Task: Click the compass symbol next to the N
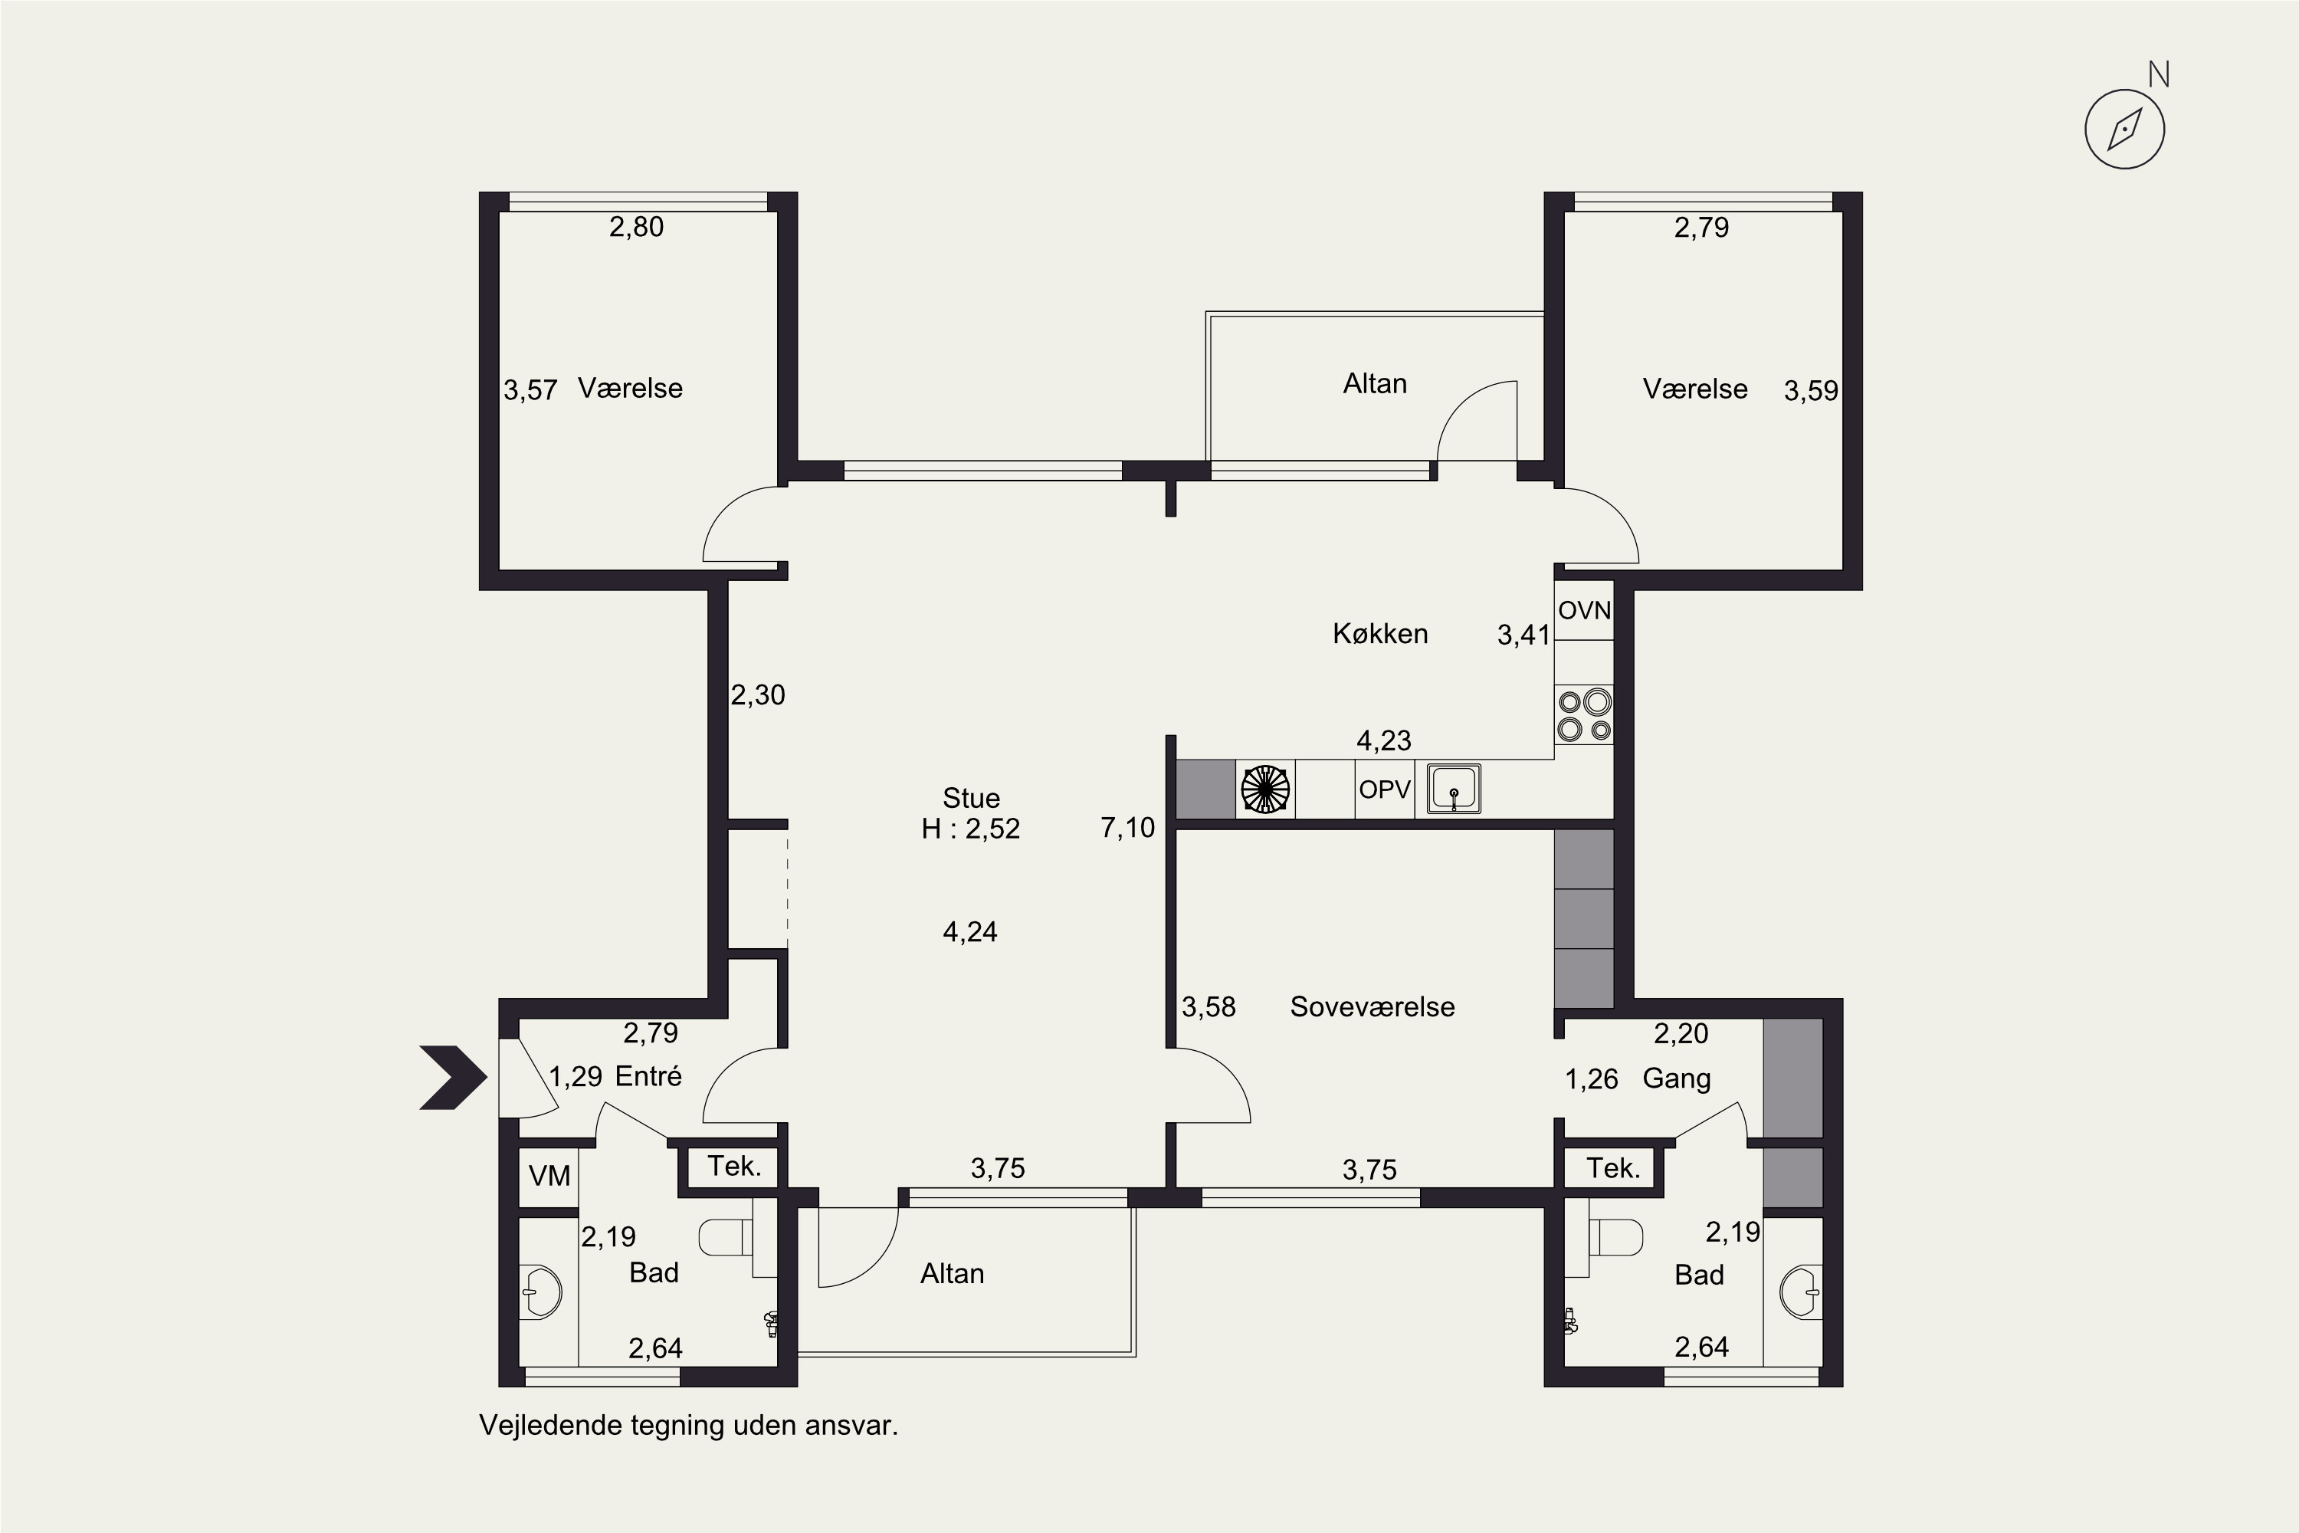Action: [x=2124, y=129]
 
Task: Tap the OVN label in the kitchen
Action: [x=1585, y=611]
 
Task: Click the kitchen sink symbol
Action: [x=1454, y=789]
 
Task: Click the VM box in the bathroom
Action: [x=549, y=1176]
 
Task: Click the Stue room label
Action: [x=971, y=798]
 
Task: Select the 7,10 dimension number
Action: [x=1128, y=828]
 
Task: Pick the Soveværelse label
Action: [x=1373, y=1007]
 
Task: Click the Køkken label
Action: [x=1380, y=634]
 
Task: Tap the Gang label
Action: [x=1677, y=1079]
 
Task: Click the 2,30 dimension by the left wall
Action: [x=759, y=695]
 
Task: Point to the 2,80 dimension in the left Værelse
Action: [x=636, y=227]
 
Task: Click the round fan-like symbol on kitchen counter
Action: [x=1265, y=789]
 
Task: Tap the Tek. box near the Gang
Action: [x=1613, y=1168]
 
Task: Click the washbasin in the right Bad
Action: [x=1800, y=1292]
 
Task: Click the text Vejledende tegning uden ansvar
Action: [x=688, y=1426]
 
